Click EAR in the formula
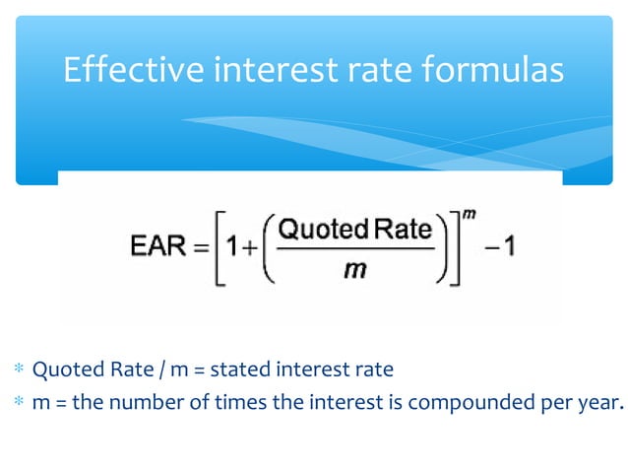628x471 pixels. click(x=158, y=246)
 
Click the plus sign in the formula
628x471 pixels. click(x=246, y=247)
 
